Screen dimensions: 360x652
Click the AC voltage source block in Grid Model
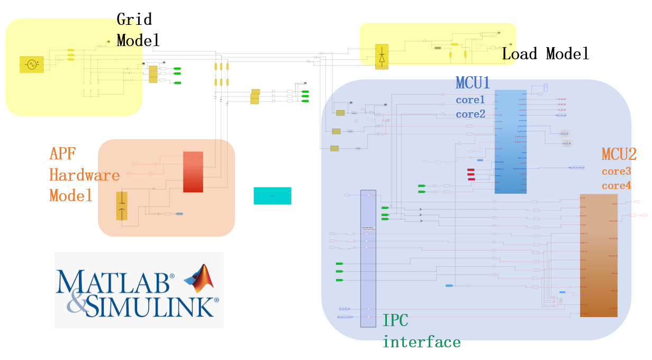[31, 65]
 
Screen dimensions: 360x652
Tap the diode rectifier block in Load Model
[382, 57]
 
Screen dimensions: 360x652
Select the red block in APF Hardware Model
[193, 172]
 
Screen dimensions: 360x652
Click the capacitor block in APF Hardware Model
[122, 206]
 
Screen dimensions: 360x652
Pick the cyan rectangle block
[272, 196]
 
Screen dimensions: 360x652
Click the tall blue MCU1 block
[510, 142]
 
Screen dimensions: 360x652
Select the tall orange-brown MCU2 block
[599, 256]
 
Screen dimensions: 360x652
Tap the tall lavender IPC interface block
[368, 258]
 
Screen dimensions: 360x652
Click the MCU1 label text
[473, 83]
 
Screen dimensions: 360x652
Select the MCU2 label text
[619, 155]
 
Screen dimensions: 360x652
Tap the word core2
[470, 114]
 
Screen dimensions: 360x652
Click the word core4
[617, 186]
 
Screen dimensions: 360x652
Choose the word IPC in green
[395, 320]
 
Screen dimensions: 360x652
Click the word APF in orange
[62, 154]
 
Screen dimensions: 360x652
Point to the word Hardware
[85, 175]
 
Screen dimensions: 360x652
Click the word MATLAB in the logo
[112, 283]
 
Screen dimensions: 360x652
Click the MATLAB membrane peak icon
[199, 278]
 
